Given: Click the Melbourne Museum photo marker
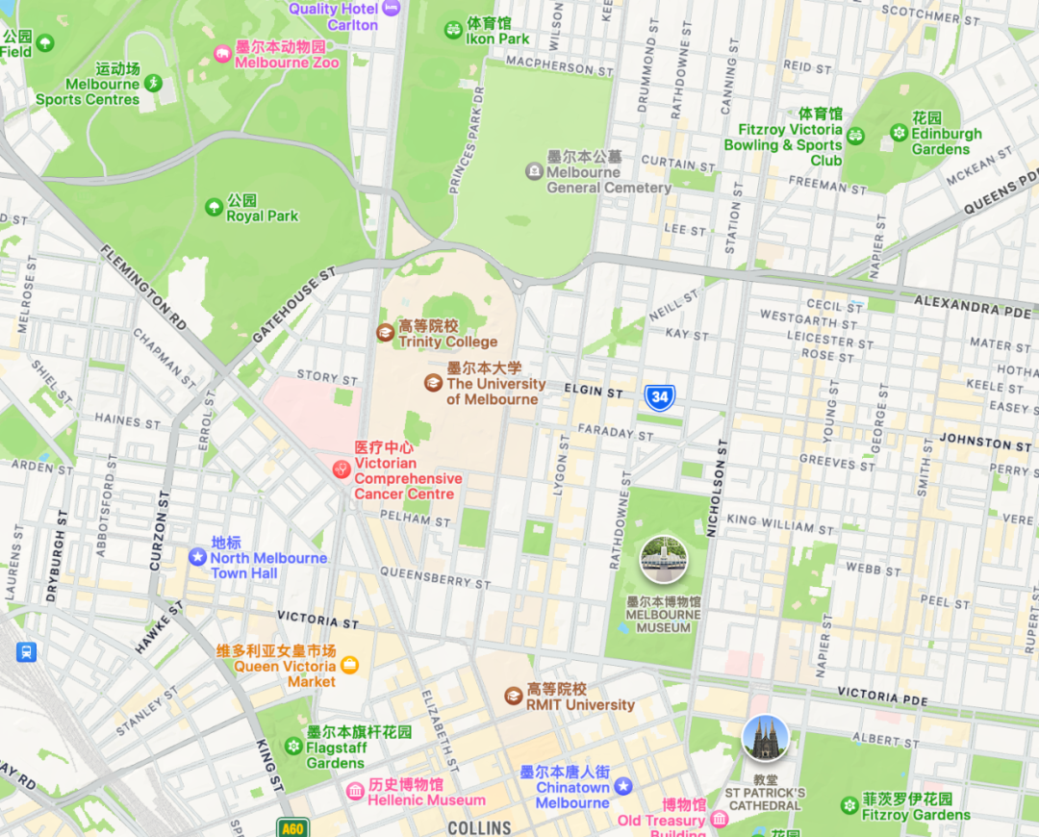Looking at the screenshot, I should pyautogui.click(x=664, y=560).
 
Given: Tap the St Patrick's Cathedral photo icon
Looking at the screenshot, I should pyautogui.click(x=766, y=738).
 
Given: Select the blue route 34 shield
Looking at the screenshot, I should pyautogui.click(x=660, y=397).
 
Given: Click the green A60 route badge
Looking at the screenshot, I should pyautogui.click(x=292, y=827).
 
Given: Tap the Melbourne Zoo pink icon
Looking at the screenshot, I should pyautogui.click(x=222, y=54).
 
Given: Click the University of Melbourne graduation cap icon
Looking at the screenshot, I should pyautogui.click(x=434, y=383).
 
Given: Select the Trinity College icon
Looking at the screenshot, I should pyautogui.click(x=385, y=333).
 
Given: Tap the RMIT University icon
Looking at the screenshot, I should pyautogui.click(x=514, y=696).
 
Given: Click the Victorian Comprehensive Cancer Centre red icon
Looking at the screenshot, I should pyautogui.click(x=341, y=469).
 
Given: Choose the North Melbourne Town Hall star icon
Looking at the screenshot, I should pyautogui.click(x=197, y=557).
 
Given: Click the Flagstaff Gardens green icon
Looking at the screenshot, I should pyautogui.click(x=293, y=747).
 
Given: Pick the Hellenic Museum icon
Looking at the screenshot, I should pyautogui.click(x=355, y=791).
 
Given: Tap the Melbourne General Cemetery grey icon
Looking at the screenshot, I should pyautogui.click(x=534, y=171).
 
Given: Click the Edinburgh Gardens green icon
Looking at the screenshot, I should pyautogui.click(x=899, y=133).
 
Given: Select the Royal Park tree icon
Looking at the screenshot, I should pyautogui.click(x=214, y=207).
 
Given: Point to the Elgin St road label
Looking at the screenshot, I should pyautogui.click(x=595, y=392).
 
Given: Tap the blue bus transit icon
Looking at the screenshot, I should pyautogui.click(x=26, y=651).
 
